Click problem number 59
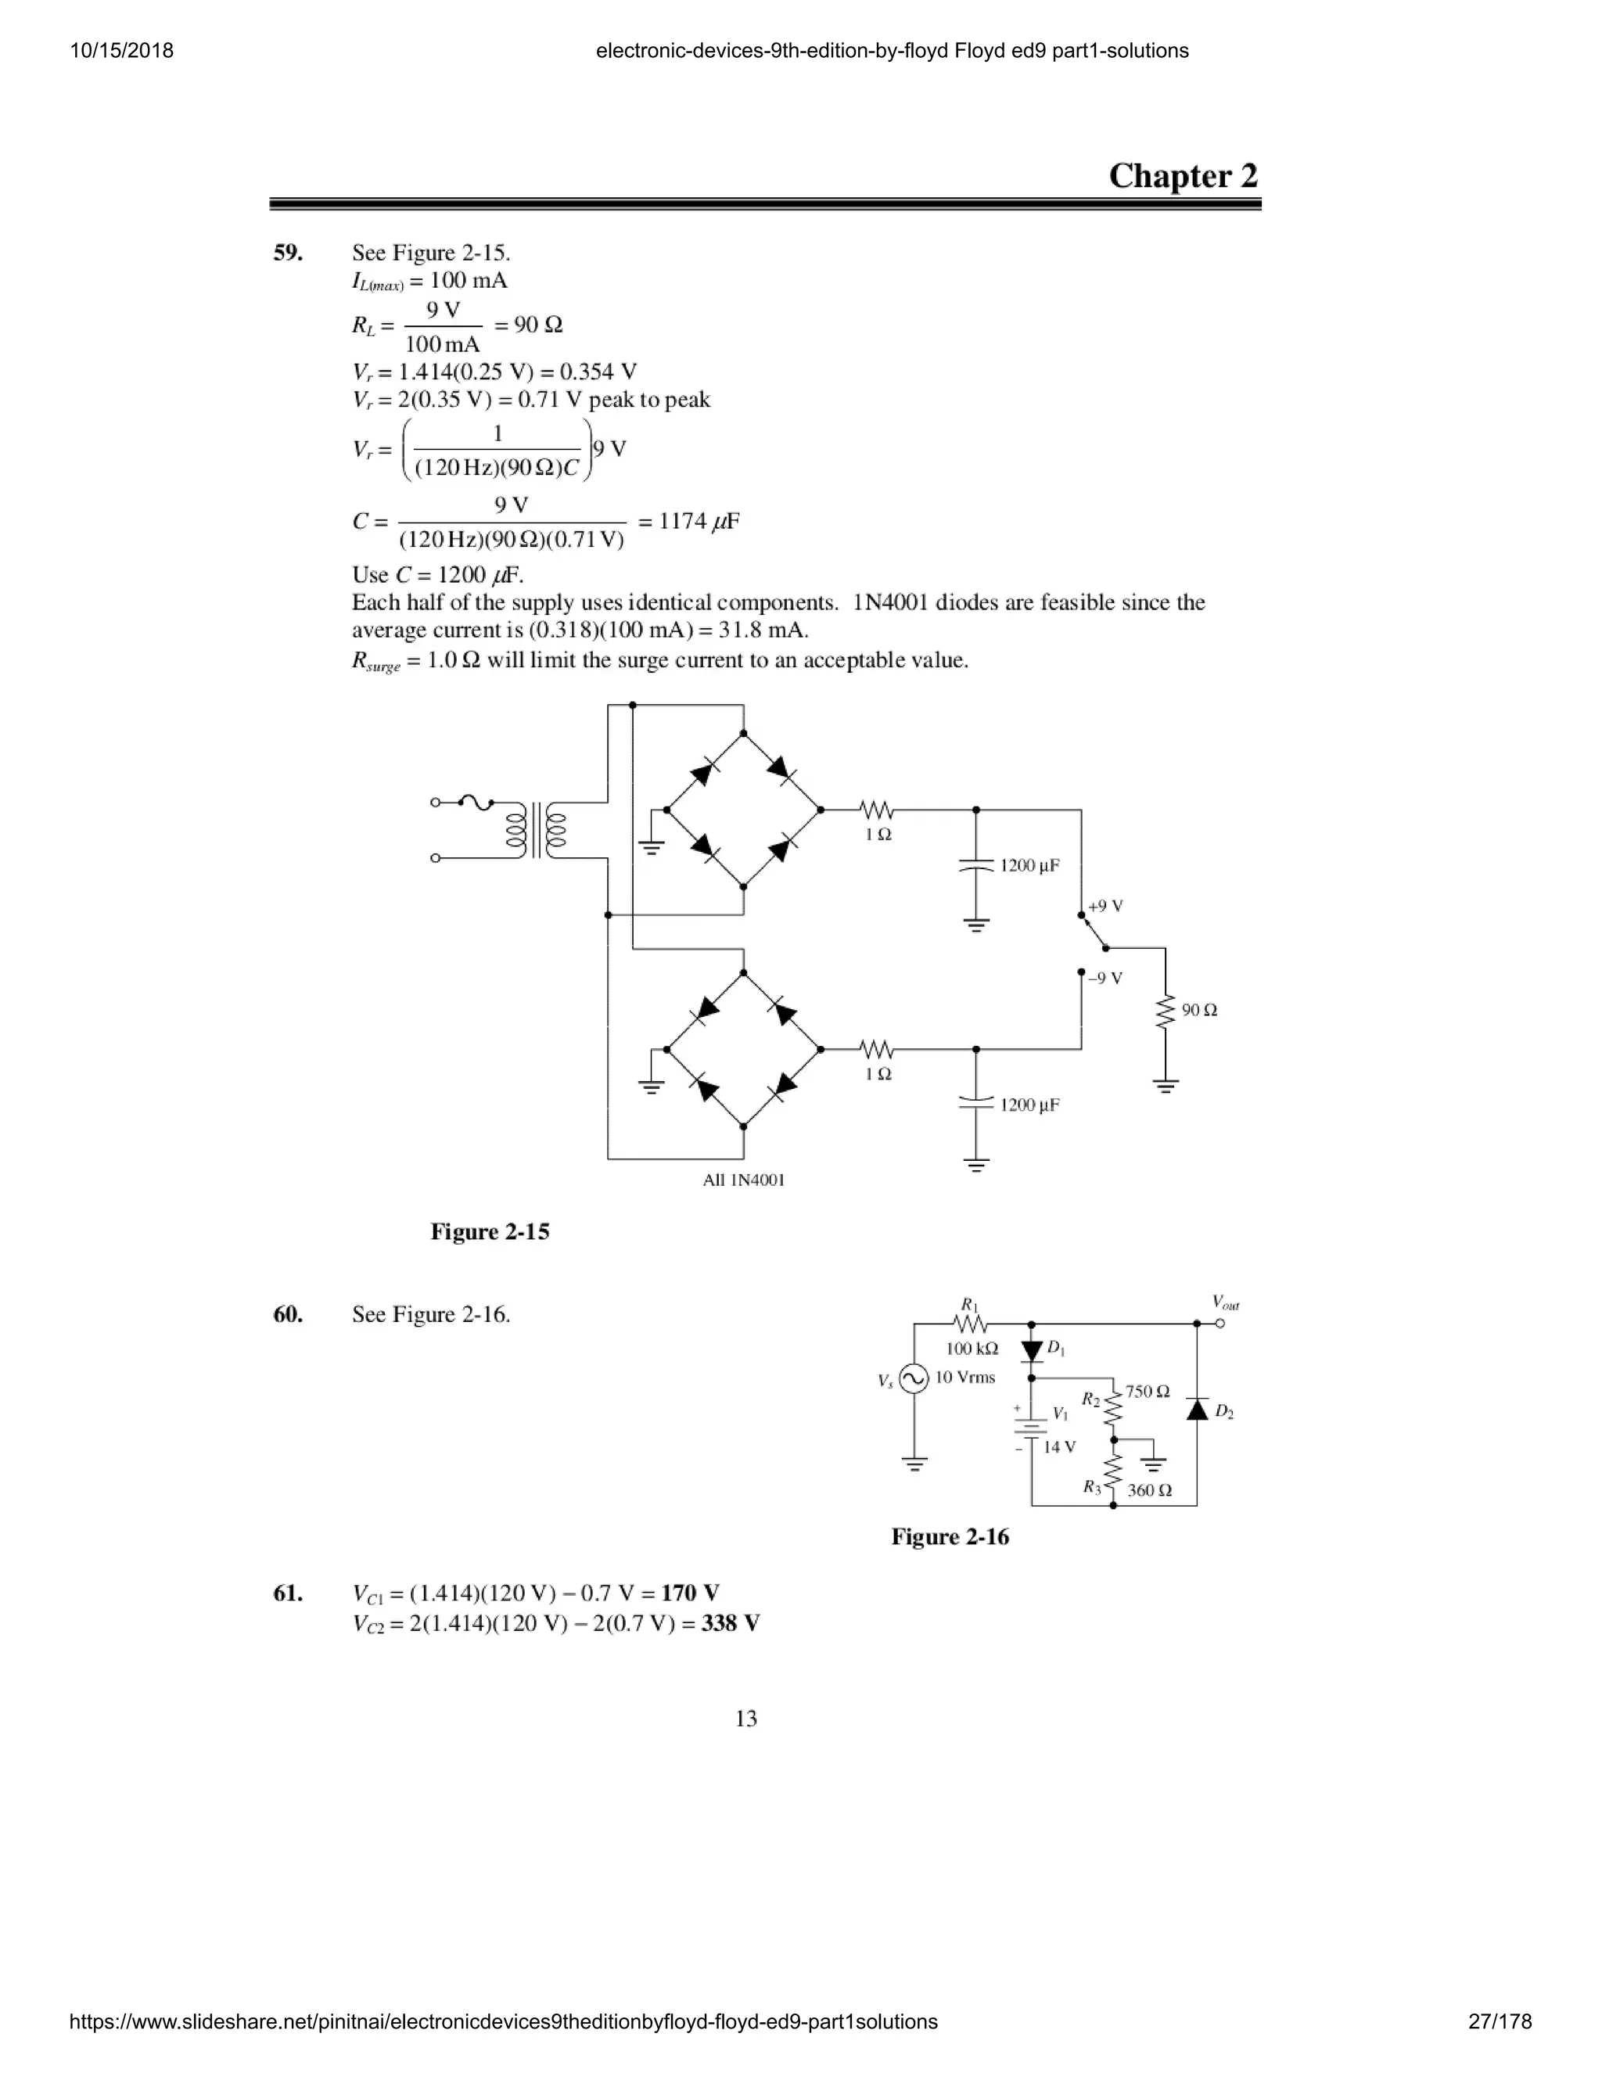289,253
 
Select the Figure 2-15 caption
490,1231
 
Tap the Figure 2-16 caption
950,1536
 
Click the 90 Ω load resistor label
1200,1010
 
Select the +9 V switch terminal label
1105,906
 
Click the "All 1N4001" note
743,1180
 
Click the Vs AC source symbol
913,1379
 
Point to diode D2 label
1224,1411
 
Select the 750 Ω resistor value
1148,1392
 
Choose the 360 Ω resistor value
1149,1490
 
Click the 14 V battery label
1059,1446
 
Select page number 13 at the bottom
746,1718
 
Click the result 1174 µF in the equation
699,521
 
